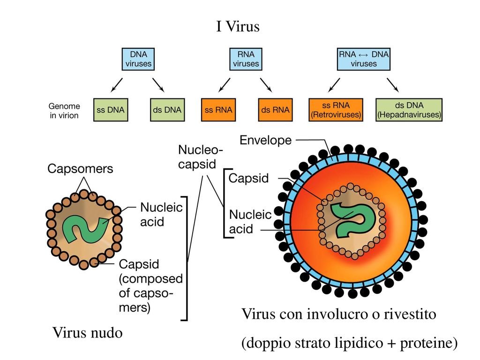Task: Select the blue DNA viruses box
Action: (x=138, y=59)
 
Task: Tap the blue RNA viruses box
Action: (x=246, y=59)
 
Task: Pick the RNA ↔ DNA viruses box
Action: (x=364, y=59)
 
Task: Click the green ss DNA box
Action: (x=111, y=110)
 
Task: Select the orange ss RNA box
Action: (x=218, y=110)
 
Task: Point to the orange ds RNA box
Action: (x=275, y=110)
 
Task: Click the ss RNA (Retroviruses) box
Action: (x=336, y=110)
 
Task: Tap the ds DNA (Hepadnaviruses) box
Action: (x=409, y=110)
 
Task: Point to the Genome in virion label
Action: (x=65, y=111)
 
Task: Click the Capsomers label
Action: (x=80, y=169)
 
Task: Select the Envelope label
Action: (x=265, y=140)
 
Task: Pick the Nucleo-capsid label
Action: (x=201, y=157)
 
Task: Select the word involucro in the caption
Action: (x=338, y=314)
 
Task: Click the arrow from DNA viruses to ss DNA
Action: (x=117, y=85)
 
